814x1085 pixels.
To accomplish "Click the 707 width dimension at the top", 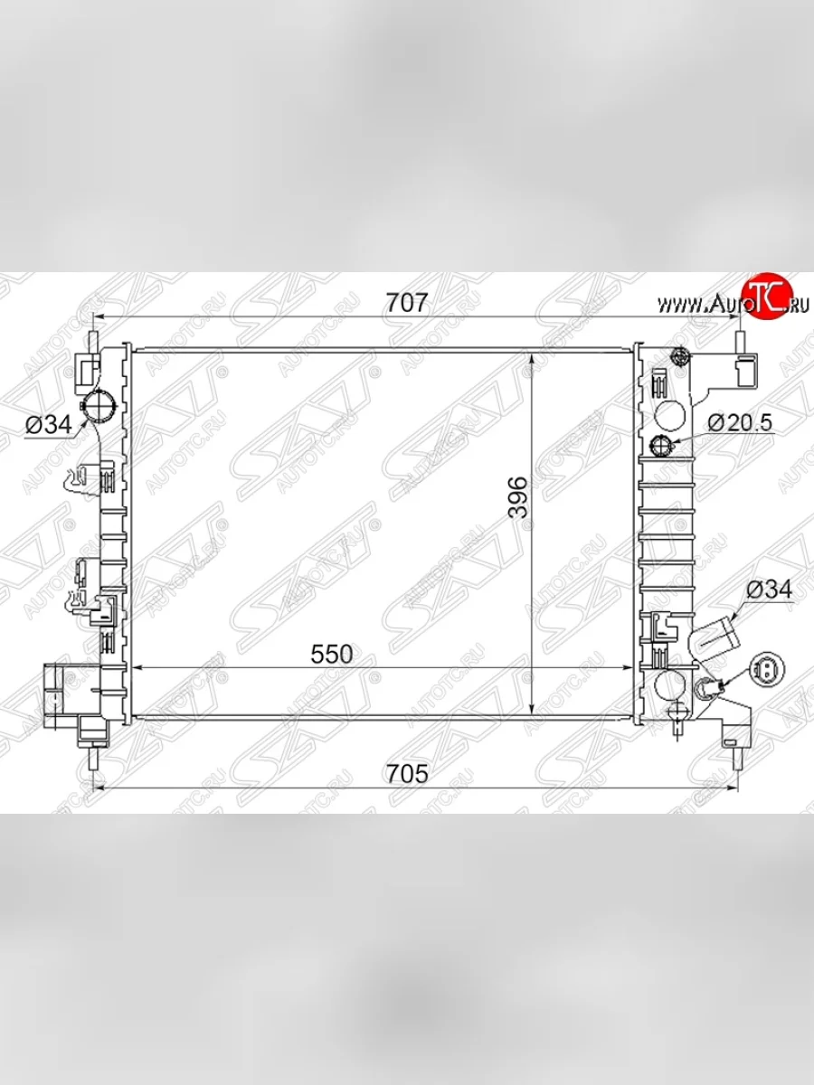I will tap(405, 303).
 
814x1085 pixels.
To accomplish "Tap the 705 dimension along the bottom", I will tap(405, 774).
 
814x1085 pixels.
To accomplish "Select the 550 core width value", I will tap(330, 654).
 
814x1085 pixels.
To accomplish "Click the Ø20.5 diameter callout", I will tap(741, 422).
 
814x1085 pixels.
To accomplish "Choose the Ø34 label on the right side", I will tap(769, 590).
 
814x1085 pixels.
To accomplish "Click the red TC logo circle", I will tap(762, 297).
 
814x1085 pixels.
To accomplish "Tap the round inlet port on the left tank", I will tap(97, 406).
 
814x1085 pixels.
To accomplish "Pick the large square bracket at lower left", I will tap(54, 692).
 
